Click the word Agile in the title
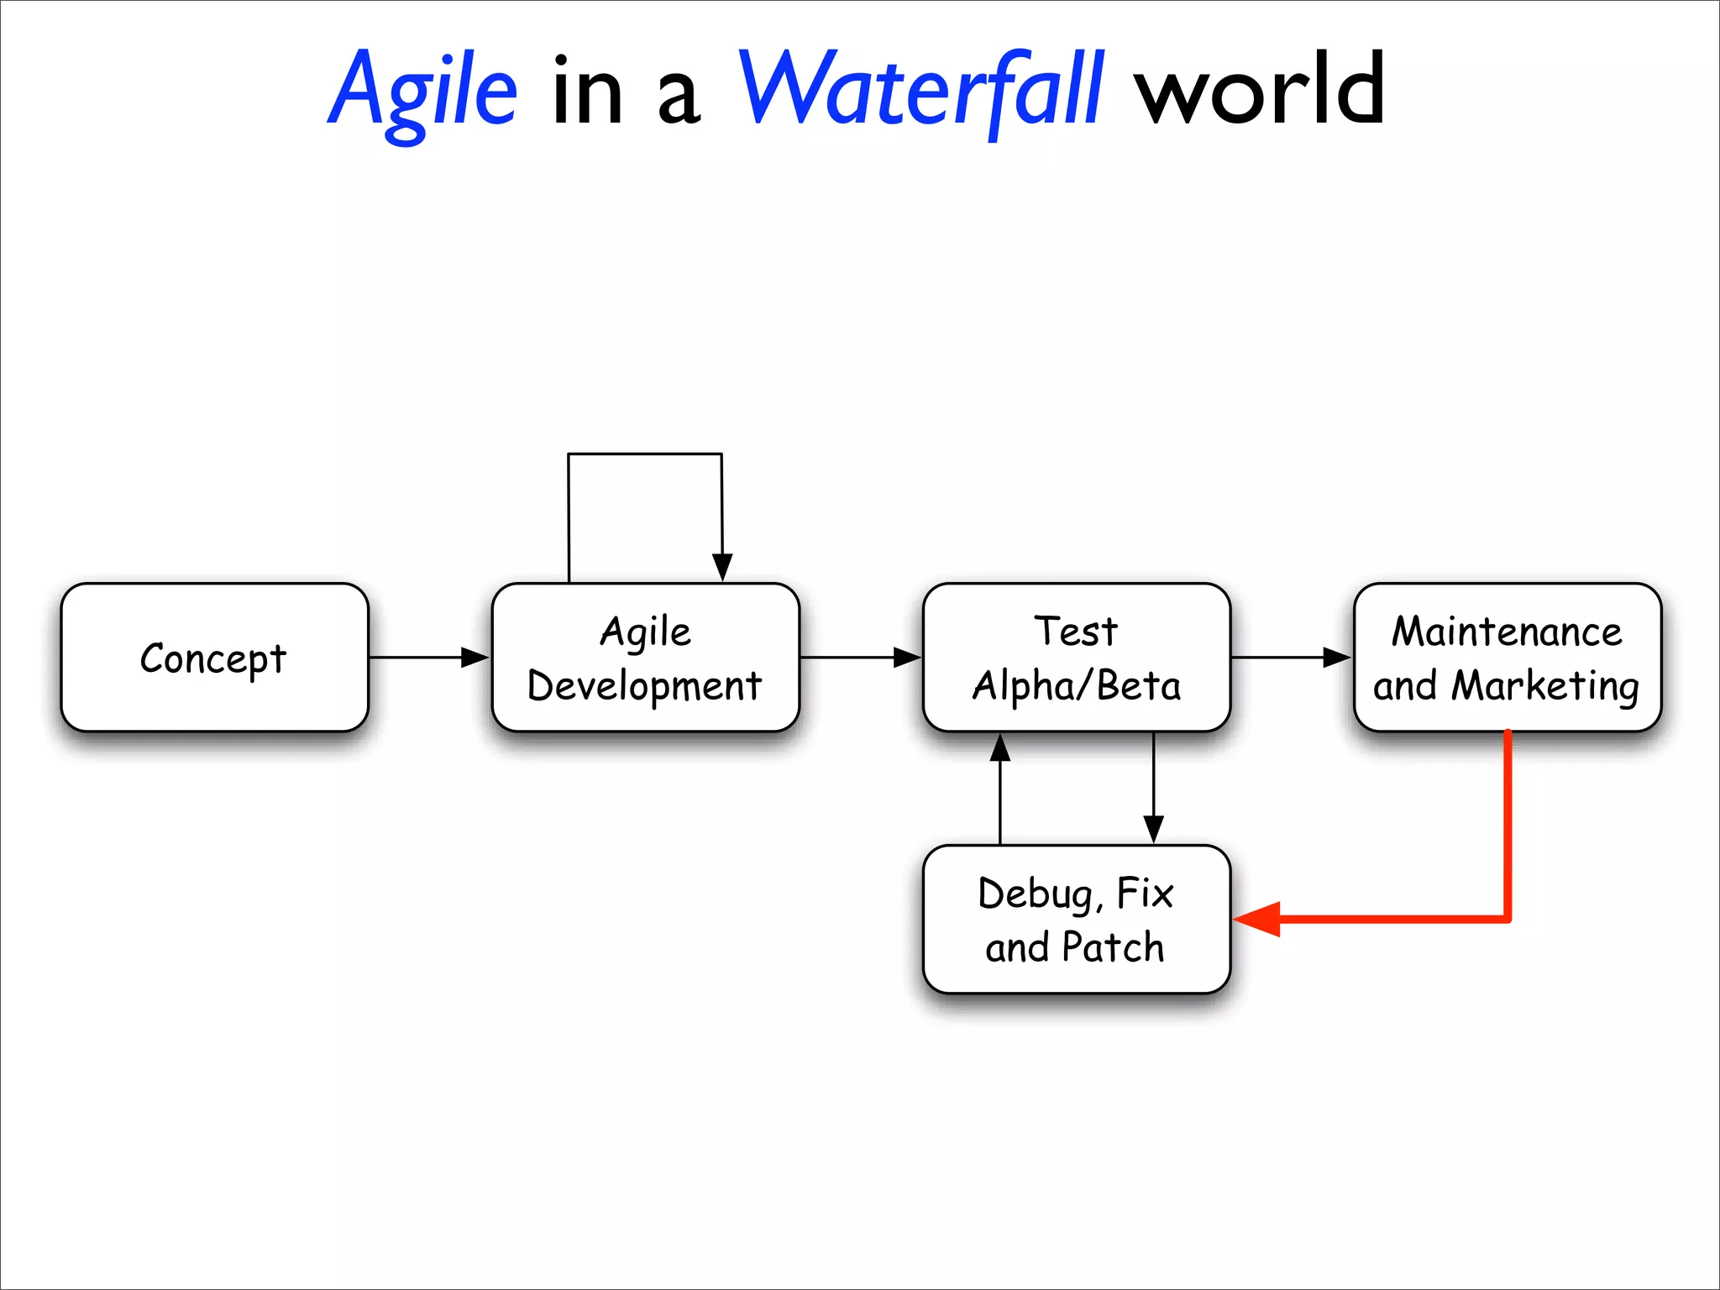tap(422, 91)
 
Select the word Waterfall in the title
tap(920, 91)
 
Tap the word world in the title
tap(1259, 91)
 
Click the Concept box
tap(214, 658)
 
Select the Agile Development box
tap(645, 658)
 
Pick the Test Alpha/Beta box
tap(1076, 658)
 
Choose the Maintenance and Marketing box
tap(1507, 658)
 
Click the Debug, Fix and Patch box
tap(1076, 920)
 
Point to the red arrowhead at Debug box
tap(1257, 920)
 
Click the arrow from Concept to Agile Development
tap(428, 658)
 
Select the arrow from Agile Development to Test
tap(860, 658)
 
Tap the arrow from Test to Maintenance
tap(1291, 658)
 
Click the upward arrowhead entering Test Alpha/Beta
tap(999, 747)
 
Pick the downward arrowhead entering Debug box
tap(1154, 830)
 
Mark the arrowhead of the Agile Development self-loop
tap(722, 567)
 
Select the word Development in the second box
tap(645, 686)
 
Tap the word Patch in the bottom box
tap(1113, 948)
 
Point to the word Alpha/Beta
tap(1076, 686)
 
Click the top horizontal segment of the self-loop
tap(645, 454)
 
